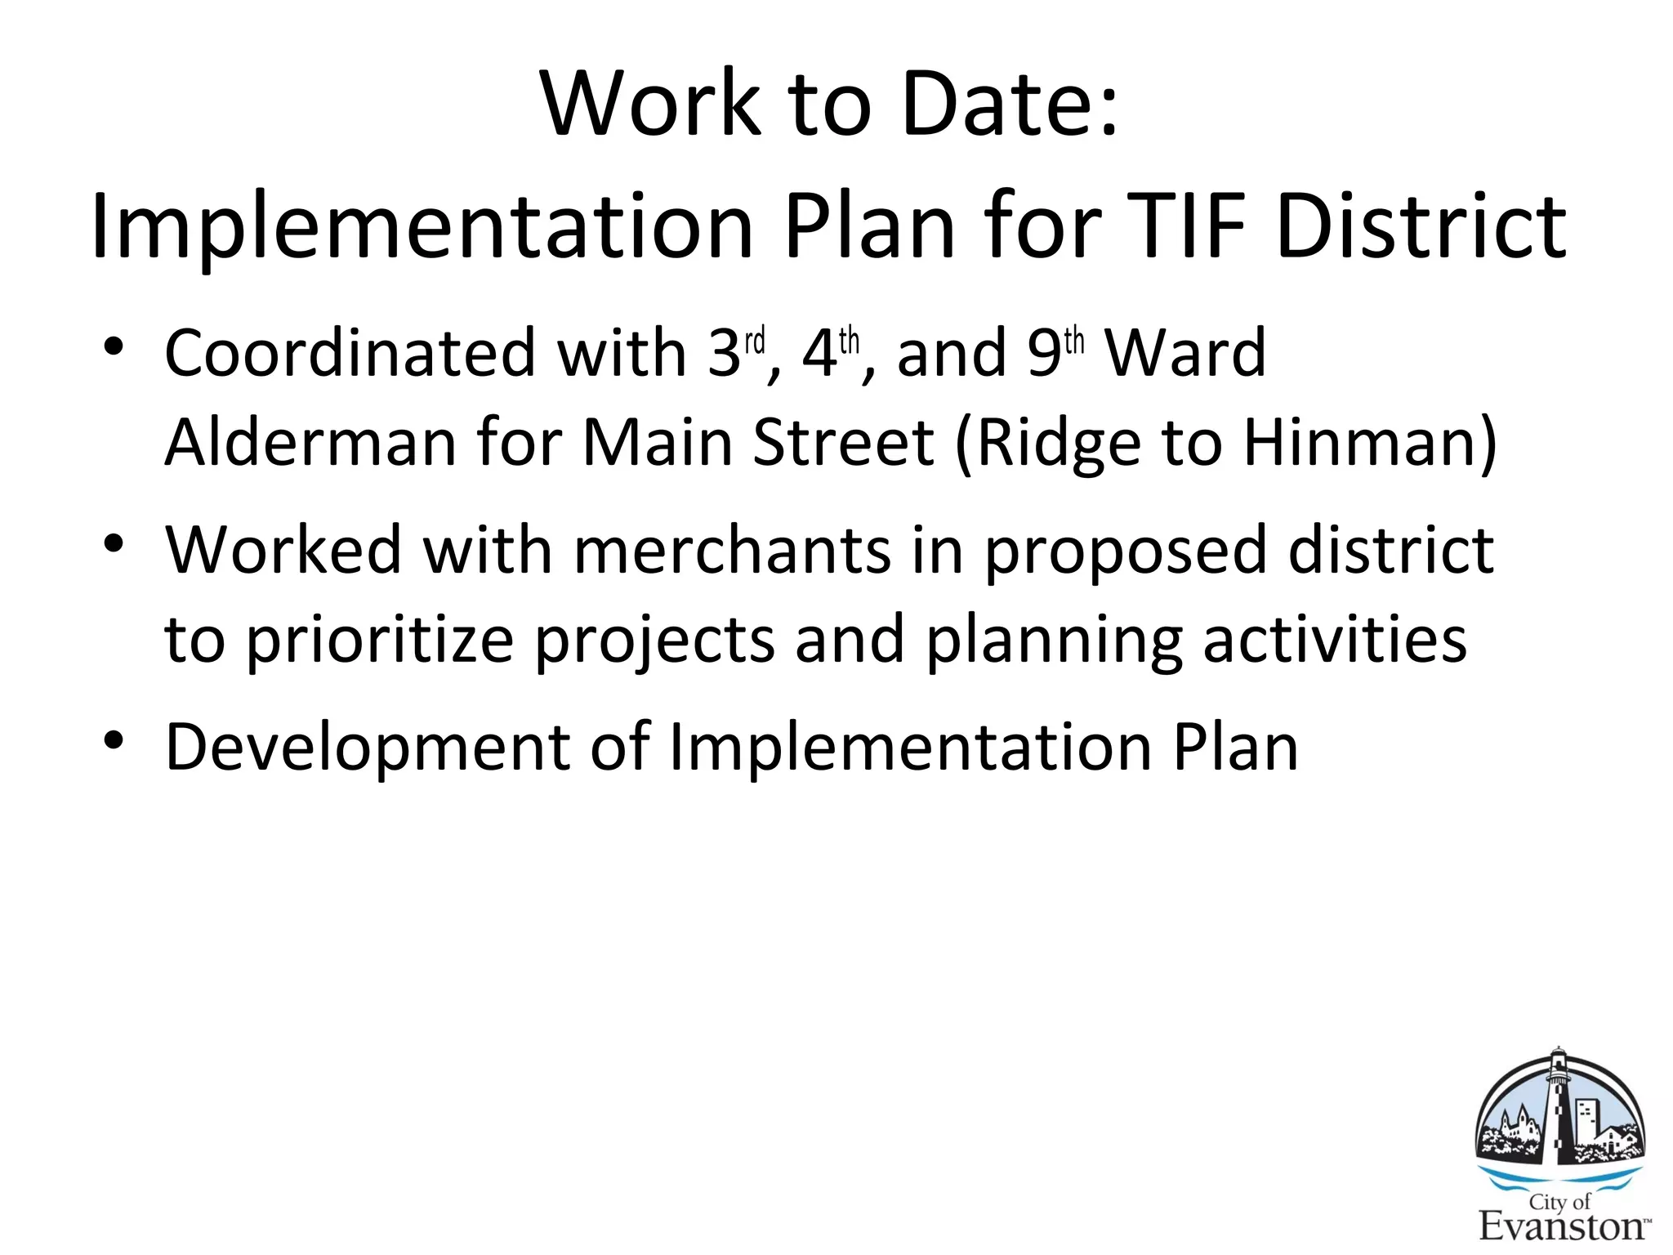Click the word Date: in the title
coord(1010,104)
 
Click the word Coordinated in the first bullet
coord(350,353)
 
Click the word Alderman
coord(310,442)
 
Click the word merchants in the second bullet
coord(732,550)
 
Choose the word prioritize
coord(381,640)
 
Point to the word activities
coord(1335,638)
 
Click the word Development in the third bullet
coord(368,747)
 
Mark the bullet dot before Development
coord(114,739)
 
